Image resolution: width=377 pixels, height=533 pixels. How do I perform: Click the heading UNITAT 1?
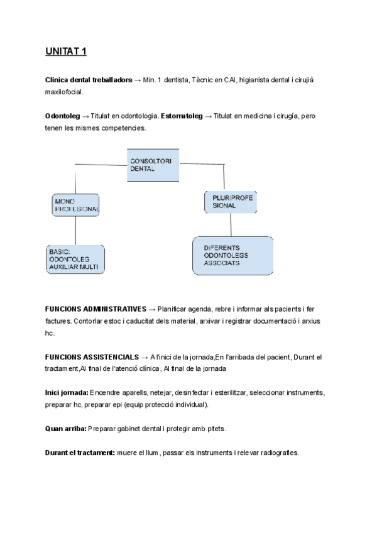(65, 51)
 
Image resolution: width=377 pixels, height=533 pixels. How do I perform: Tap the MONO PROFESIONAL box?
(76, 204)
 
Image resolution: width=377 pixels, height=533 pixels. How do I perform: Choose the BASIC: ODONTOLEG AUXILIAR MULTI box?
(75, 258)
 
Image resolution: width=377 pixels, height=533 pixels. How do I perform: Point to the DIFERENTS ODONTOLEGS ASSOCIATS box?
(232, 255)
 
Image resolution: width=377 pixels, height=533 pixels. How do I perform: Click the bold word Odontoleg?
(62, 116)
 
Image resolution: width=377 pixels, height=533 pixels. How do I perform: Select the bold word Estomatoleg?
(182, 116)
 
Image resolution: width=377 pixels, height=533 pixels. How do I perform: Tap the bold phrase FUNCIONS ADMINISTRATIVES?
(96, 309)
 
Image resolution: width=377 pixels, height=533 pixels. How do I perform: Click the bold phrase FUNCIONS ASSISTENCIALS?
(92, 356)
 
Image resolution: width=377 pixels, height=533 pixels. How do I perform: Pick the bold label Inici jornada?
(67, 392)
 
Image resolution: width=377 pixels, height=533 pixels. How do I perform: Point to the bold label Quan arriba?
(65, 428)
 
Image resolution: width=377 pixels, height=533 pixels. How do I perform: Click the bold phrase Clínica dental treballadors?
(89, 80)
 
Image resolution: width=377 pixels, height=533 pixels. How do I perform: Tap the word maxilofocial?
(64, 92)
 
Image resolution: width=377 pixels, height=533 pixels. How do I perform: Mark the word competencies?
(124, 128)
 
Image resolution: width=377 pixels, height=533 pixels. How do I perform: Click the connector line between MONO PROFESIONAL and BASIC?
(75, 230)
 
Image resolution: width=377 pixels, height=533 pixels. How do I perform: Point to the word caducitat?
(136, 321)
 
